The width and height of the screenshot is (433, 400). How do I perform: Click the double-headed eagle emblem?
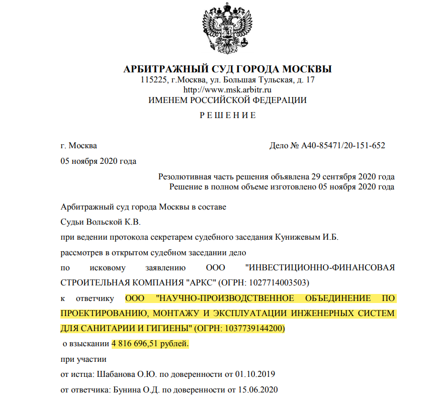pyautogui.click(x=227, y=29)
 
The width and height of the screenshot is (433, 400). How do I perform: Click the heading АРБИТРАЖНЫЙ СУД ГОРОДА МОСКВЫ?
pyautogui.click(x=227, y=69)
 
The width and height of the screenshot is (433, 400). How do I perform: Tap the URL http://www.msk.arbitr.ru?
pyautogui.click(x=227, y=90)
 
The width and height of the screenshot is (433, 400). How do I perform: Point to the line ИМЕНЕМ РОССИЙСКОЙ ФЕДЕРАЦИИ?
pyautogui.click(x=227, y=100)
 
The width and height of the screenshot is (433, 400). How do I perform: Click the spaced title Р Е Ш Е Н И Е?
pyautogui.click(x=227, y=116)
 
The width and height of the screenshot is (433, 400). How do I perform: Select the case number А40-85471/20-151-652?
pyautogui.click(x=343, y=146)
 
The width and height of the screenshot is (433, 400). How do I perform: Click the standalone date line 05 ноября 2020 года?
pyautogui.click(x=98, y=161)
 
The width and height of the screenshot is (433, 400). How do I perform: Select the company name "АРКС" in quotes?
pyautogui.click(x=198, y=281)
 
